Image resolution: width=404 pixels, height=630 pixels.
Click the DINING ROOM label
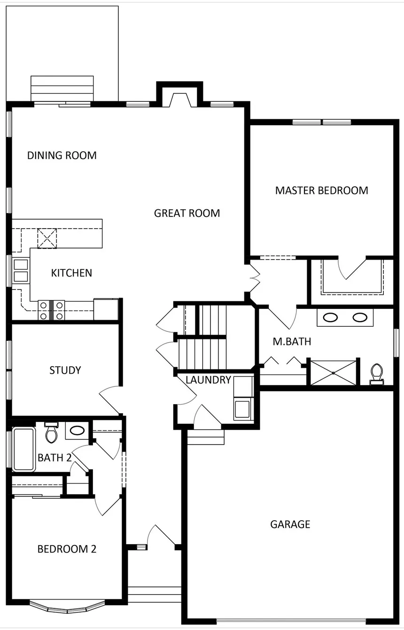coord(62,155)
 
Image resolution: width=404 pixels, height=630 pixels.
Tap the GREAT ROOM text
coord(187,213)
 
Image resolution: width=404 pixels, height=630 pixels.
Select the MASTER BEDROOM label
coord(321,191)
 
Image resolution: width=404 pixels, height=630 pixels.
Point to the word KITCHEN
coord(71,273)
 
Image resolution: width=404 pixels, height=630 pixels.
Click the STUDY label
coord(65,370)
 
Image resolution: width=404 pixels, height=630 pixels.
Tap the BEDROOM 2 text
coord(67,549)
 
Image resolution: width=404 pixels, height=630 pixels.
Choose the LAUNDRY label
coord(208,380)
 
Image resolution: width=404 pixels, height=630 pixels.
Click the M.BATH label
coord(292,341)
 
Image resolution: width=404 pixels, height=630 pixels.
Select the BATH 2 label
coord(54,458)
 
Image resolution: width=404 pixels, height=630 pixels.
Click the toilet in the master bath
coord(377,374)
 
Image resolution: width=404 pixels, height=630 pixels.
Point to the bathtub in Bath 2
coord(24,449)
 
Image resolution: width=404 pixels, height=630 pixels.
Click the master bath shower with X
coord(334,373)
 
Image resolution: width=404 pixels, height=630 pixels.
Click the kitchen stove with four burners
coord(51,310)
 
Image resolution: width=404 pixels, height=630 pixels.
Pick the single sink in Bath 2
coord(77,430)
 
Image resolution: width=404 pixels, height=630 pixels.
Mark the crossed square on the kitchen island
coord(47,238)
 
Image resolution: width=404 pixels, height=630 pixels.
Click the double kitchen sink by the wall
coord(21,270)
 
